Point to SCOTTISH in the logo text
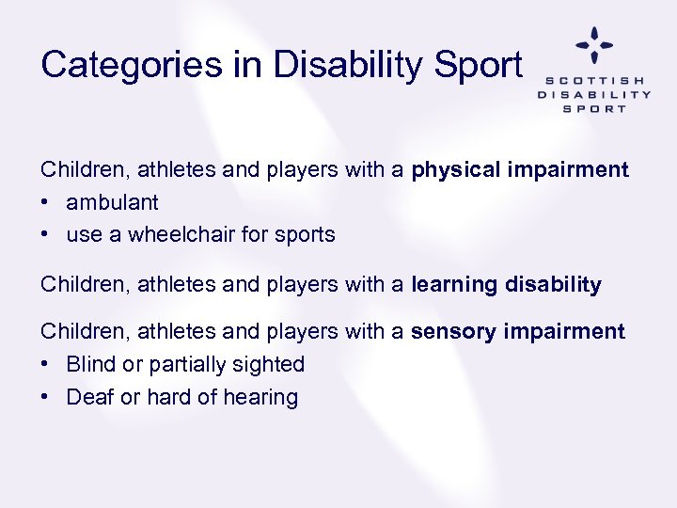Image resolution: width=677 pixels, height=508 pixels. point(593,81)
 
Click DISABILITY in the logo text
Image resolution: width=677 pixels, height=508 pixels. point(593,94)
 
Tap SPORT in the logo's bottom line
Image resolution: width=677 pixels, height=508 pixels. point(593,108)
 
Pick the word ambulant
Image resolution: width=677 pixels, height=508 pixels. point(112,202)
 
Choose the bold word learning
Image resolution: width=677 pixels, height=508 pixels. point(452,285)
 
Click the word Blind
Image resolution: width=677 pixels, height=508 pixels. point(90,364)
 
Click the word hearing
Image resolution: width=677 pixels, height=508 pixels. point(260,397)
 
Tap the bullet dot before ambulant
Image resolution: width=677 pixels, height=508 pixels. point(45,202)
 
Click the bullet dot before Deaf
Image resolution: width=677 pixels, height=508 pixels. point(45,397)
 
